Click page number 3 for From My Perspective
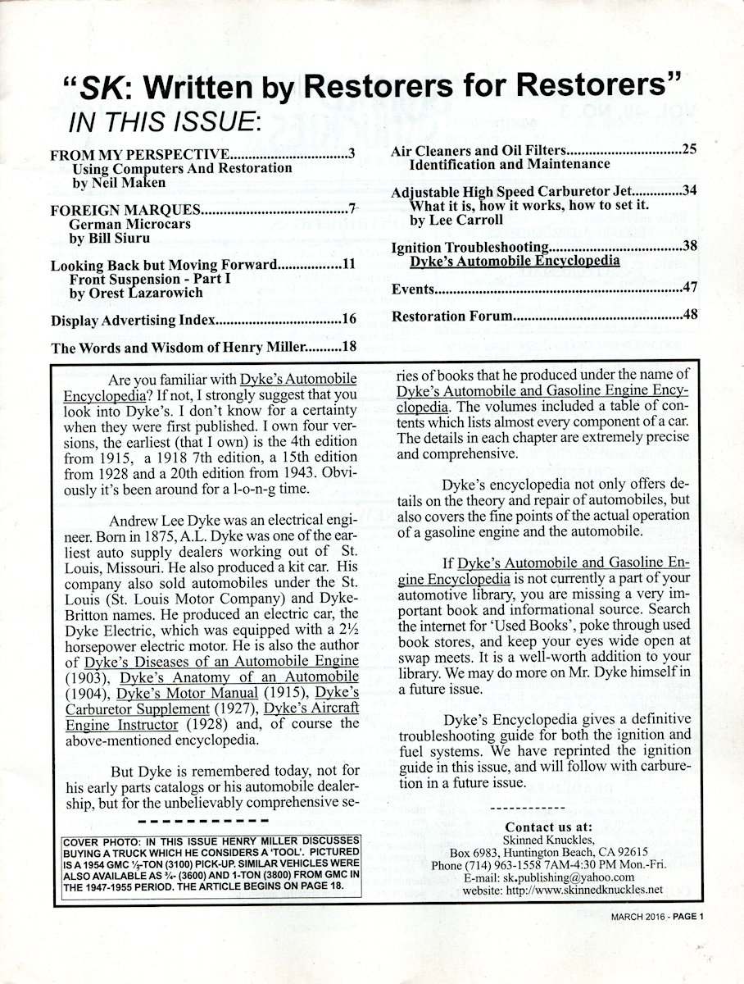(x=350, y=154)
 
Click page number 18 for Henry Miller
(x=347, y=347)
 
